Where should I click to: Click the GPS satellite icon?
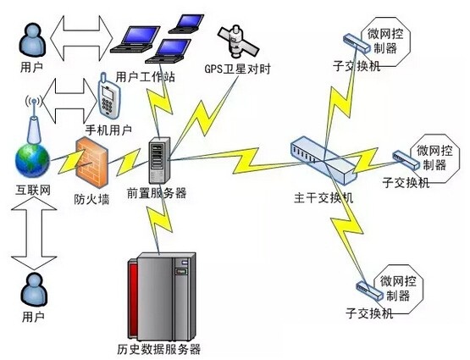tap(238, 41)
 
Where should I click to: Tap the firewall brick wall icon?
tap(91, 162)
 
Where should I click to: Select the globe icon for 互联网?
tap(32, 161)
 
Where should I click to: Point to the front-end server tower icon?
tap(159, 160)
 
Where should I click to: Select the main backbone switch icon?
tap(323, 160)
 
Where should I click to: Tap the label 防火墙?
tap(91, 199)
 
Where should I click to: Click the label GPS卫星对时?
tap(237, 69)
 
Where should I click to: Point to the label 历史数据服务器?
tap(158, 349)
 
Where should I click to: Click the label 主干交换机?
tap(323, 198)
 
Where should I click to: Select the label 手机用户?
tap(108, 130)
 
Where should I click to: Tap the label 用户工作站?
tap(146, 77)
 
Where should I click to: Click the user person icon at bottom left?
tap(34, 290)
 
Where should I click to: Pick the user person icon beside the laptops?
tap(33, 40)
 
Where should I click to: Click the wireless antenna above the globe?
tap(34, 120)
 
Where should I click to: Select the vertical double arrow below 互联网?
tap(34, 234)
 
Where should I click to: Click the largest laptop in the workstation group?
tap(135, 40)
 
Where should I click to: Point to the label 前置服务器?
tap(157, 193)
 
